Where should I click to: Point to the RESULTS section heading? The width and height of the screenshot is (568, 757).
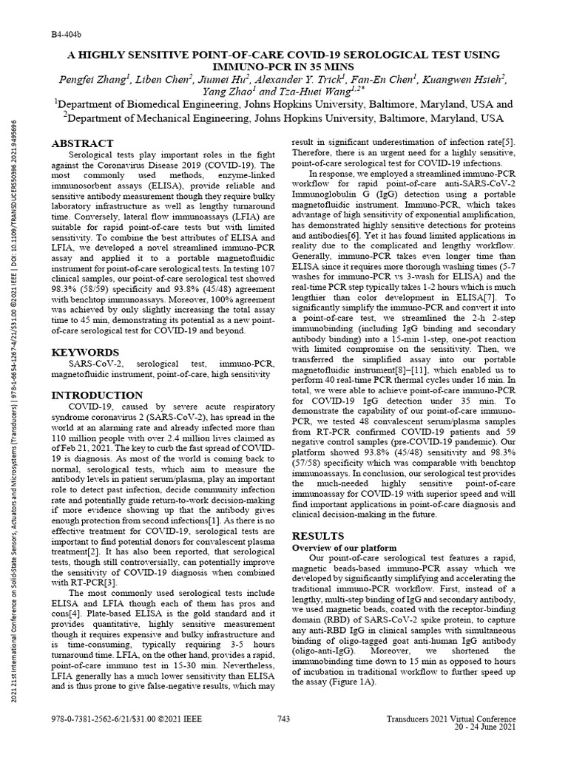[319, 534]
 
